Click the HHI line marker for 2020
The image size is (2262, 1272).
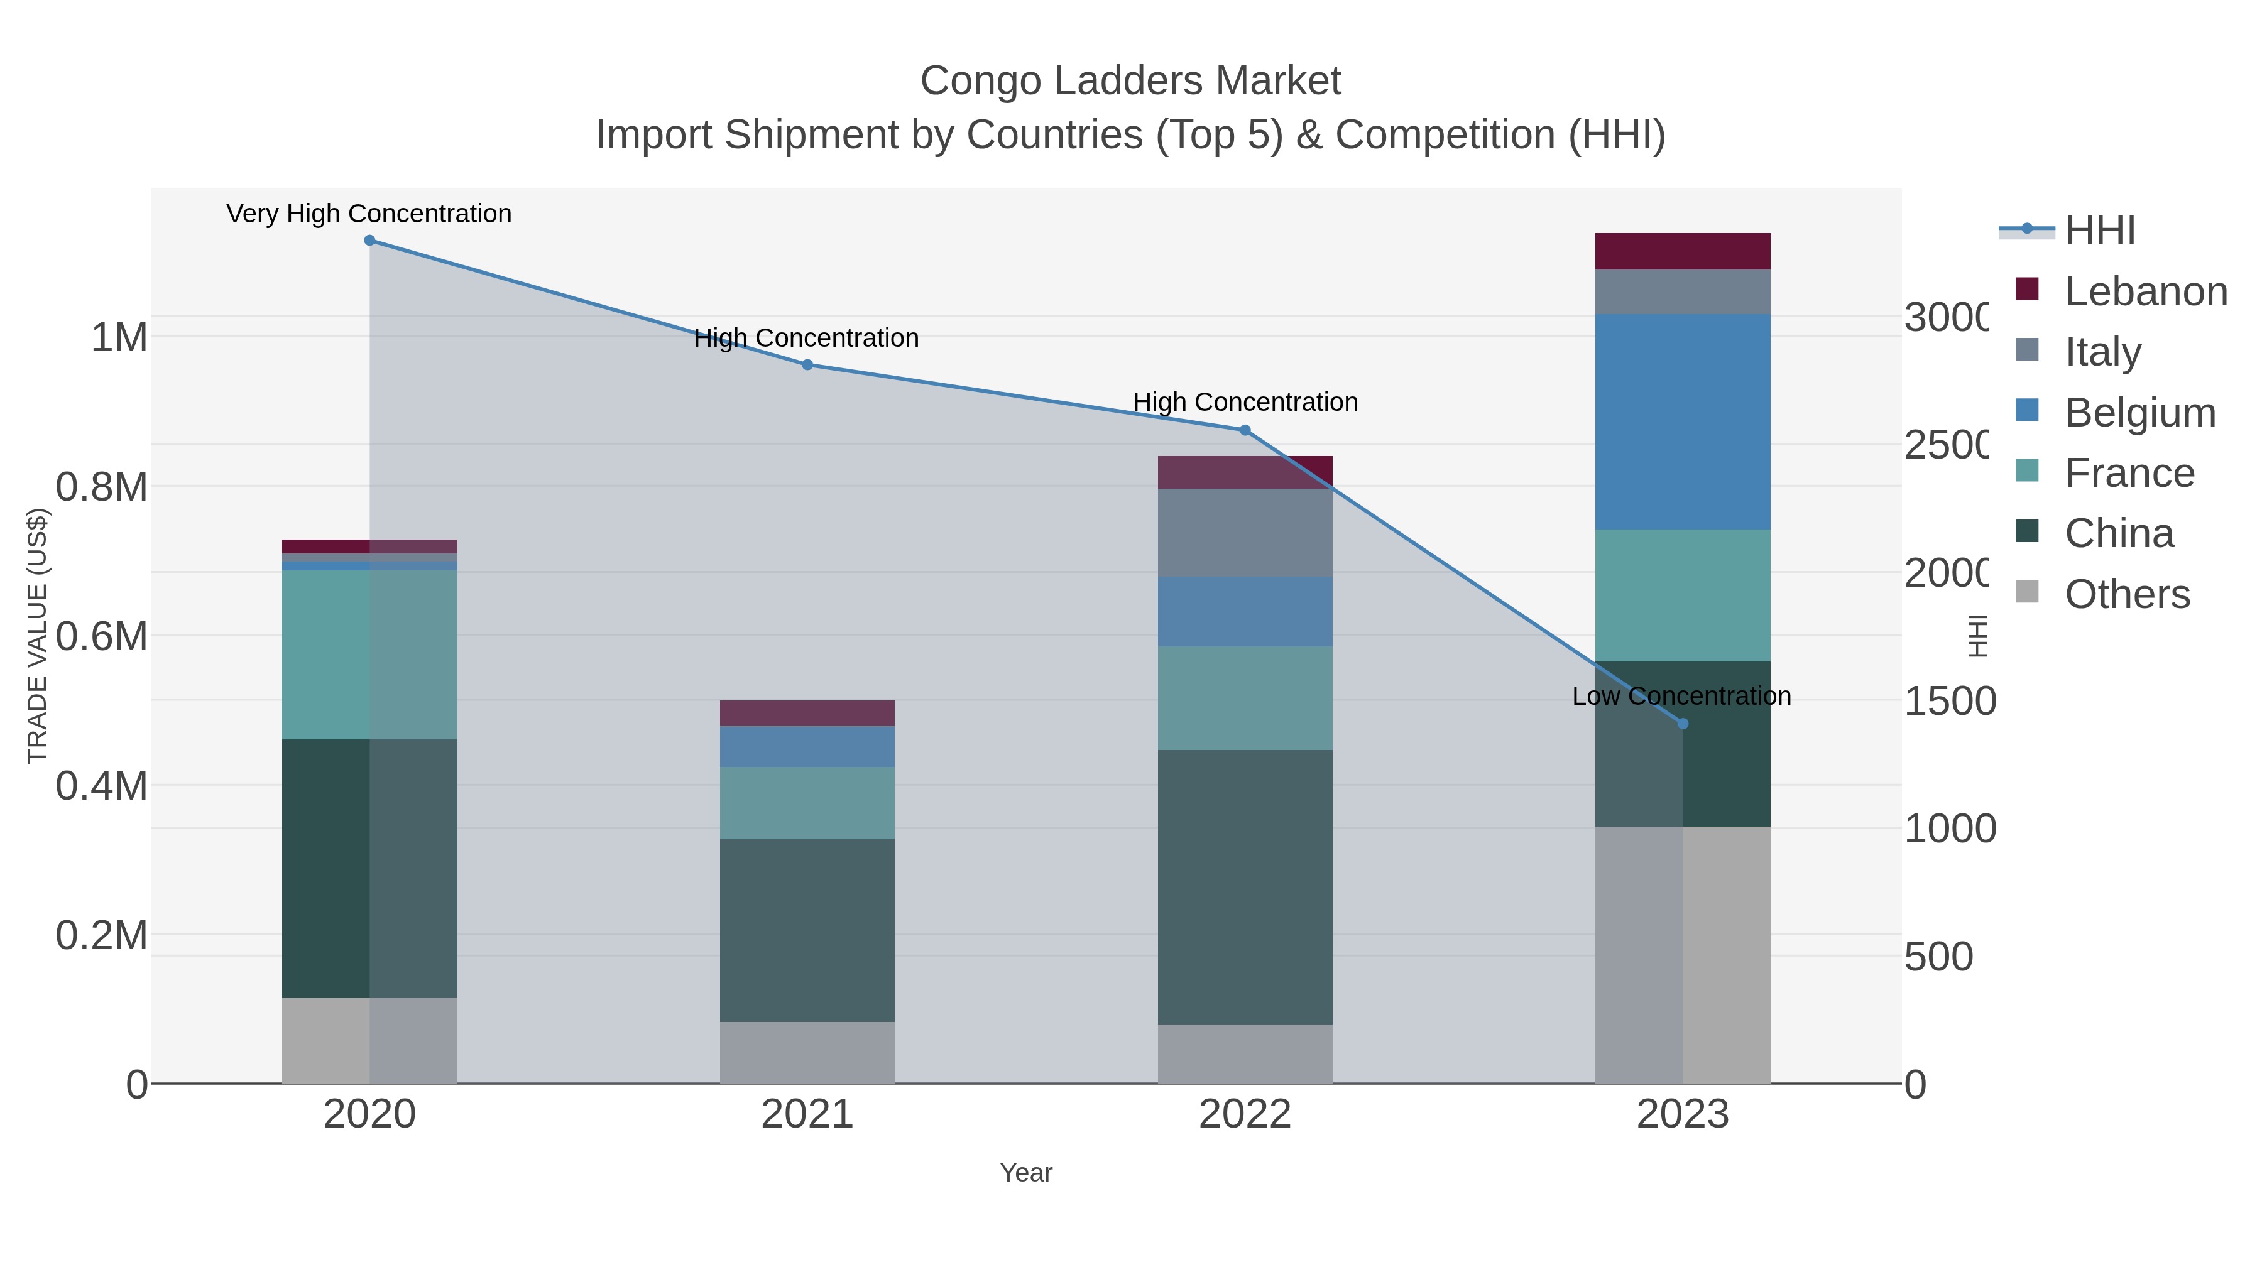[x=369, y=241]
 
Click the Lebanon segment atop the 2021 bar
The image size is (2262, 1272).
[x=807, y=713]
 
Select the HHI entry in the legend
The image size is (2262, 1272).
[x=2099, y=231]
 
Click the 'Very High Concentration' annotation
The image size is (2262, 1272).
[x=369, y=214]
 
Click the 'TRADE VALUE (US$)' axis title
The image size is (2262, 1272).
[x=37, y=636]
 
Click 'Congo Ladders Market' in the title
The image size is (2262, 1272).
[x=1130, y=82]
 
